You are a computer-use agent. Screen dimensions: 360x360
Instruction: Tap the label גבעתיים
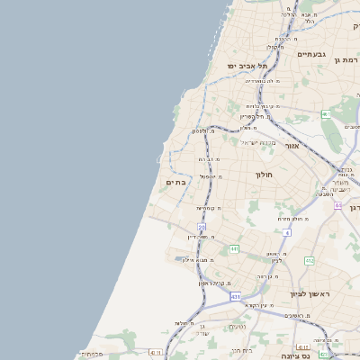point(311,54)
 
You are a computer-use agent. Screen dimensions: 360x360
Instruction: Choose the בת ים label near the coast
point(175,183)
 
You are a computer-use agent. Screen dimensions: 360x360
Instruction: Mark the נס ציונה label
point(294,355)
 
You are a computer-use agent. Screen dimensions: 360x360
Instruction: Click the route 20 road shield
point(202,228)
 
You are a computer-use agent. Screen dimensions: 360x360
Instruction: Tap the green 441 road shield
point(233,248)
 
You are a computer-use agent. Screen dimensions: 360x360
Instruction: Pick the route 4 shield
point(287,232)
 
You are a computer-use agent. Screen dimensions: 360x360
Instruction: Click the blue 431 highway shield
point(235,296)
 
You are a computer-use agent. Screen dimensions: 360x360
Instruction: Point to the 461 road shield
point(326,114)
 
